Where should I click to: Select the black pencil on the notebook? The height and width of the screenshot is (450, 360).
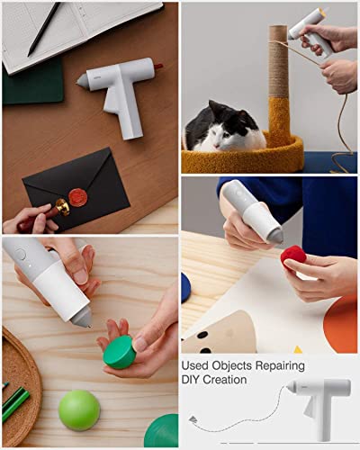[x=43, y=30]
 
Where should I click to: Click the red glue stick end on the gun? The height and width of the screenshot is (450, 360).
[x=157, y=67]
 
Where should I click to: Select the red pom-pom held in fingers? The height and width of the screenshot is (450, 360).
[x=294, y=258]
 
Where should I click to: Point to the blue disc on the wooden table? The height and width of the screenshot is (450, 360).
[x=185, y=288]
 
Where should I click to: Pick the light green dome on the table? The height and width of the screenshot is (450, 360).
[x=79, y=410]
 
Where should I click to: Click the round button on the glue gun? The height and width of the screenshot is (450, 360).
[x=20, y=255]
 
